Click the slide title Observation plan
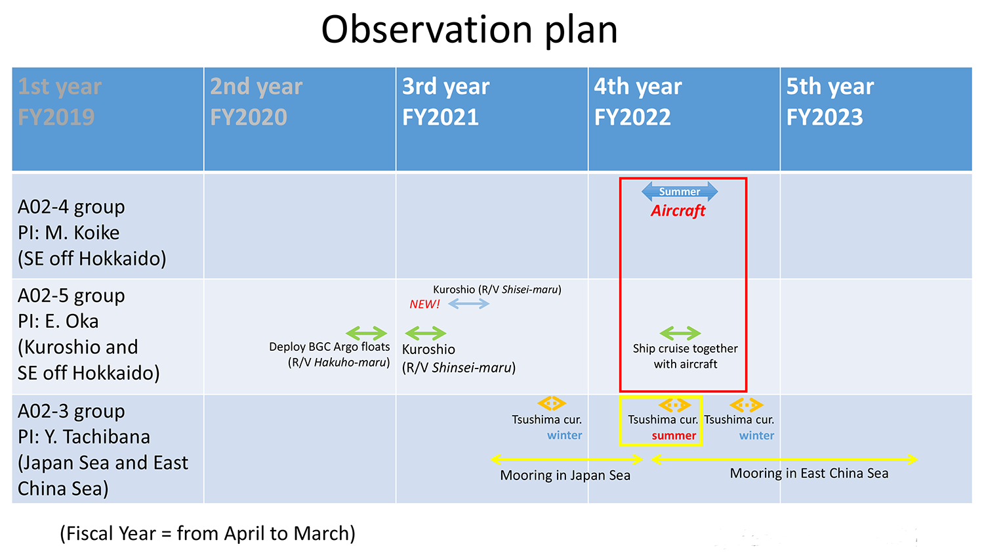point(469,30)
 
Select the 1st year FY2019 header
point(60,102)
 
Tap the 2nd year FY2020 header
point(256,102)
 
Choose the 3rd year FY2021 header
point(445,102)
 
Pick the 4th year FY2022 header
point(638,102)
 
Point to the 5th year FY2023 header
point(830,102)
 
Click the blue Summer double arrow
point(680,192)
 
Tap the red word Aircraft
point(678,211)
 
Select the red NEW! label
point(424,304)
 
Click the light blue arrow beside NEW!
point(468,303)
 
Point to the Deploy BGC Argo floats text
point(329,347)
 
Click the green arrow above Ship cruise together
point(680,333)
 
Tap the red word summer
point(674,435)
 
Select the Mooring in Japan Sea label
point(565,476)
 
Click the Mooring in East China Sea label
point(809,474)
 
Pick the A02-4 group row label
point(72,207)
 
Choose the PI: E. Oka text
point(58,321)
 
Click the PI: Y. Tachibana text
point(84,437)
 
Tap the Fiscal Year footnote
point(207,533)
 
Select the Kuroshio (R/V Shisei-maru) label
point(497,290)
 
